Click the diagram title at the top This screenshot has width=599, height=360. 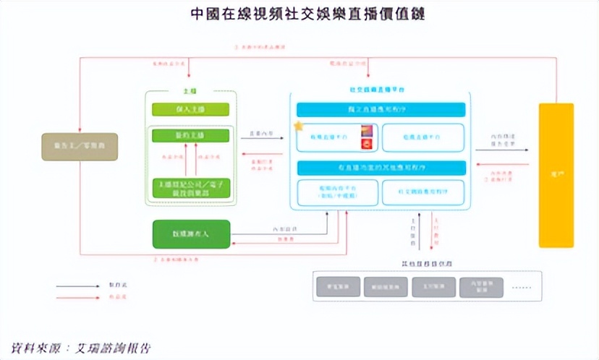click(299, 14)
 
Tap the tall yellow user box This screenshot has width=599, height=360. click(556, 175)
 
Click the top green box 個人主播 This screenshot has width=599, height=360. click(190, 109)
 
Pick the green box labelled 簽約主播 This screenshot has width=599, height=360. click(190, 136)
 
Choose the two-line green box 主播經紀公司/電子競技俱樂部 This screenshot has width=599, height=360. click(190, 188)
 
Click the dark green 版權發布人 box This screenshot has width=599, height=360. click(191, 234)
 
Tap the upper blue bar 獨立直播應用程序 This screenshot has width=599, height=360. click(381, 109)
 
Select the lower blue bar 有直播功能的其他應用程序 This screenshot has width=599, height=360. click(381, 168)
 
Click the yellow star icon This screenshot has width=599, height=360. click(298, 127)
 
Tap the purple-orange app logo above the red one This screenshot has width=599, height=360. click(366, 131)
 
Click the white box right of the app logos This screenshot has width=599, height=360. click(422, 137)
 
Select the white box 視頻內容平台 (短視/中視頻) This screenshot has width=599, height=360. click(337, 192)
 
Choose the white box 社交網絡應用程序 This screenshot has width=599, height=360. click(422, 192)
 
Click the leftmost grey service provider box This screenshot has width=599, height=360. click(337, 287)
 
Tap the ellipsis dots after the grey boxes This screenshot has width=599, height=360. click(520, 287)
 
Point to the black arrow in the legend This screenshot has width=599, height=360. click(79, 286)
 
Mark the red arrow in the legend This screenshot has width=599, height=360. click(79, 298)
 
